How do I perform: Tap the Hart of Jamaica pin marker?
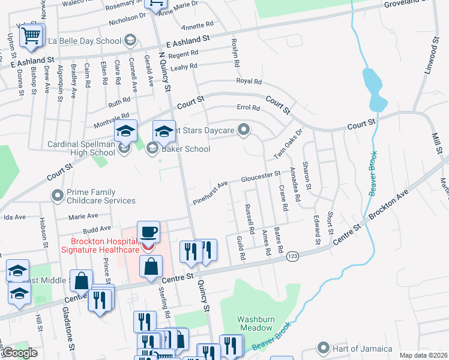pyautogui.click(x=324, y=348)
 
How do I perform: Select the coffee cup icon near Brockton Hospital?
pyautogui.click(x=148, y=232)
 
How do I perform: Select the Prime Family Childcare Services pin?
pyautogui.click(x=58, y=194)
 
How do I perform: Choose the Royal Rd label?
pyautogui.click(x=249, y=81)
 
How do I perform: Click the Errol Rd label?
pyautogui.click(x=248, y=109)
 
